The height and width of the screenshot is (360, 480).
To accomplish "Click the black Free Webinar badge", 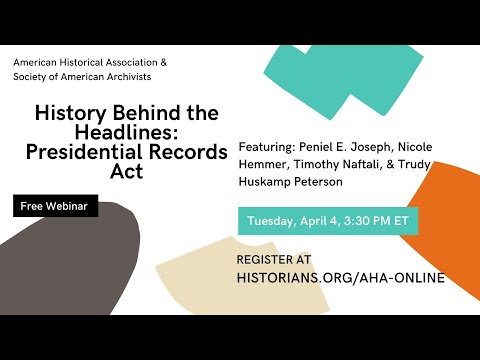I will point(56,207).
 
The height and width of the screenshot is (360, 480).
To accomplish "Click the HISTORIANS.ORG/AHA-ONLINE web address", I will point(341,278).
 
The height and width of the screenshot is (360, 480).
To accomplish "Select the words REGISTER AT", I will point(274,259).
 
